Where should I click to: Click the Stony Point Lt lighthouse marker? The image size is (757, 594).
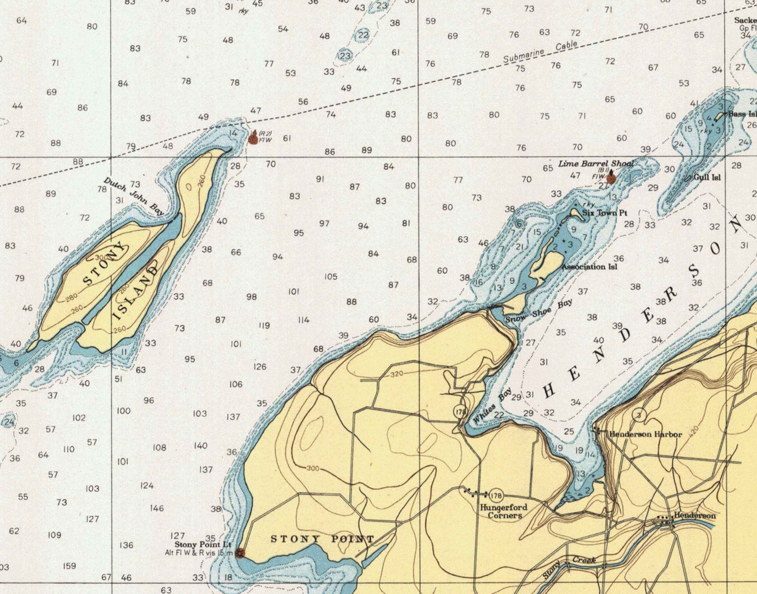point(240,553)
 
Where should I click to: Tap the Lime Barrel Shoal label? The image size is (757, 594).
point(596,164)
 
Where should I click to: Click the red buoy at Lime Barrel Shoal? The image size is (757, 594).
point(611,179)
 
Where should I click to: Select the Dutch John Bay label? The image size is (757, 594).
point(134,196)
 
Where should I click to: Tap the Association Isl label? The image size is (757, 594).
point(589,267)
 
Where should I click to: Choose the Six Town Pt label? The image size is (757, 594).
point(604,213)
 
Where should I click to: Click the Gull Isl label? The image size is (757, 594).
point(707,177)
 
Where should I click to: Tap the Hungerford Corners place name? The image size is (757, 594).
point(503,511)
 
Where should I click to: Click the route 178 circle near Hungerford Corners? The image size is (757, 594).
point(496,495)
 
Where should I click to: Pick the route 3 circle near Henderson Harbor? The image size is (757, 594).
point(639,415)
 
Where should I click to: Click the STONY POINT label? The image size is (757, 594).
point(322,539)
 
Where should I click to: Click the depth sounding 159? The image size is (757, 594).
point(70,566)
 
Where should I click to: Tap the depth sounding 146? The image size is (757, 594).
point(157,508)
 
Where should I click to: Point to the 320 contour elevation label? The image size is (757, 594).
point(397,374)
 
